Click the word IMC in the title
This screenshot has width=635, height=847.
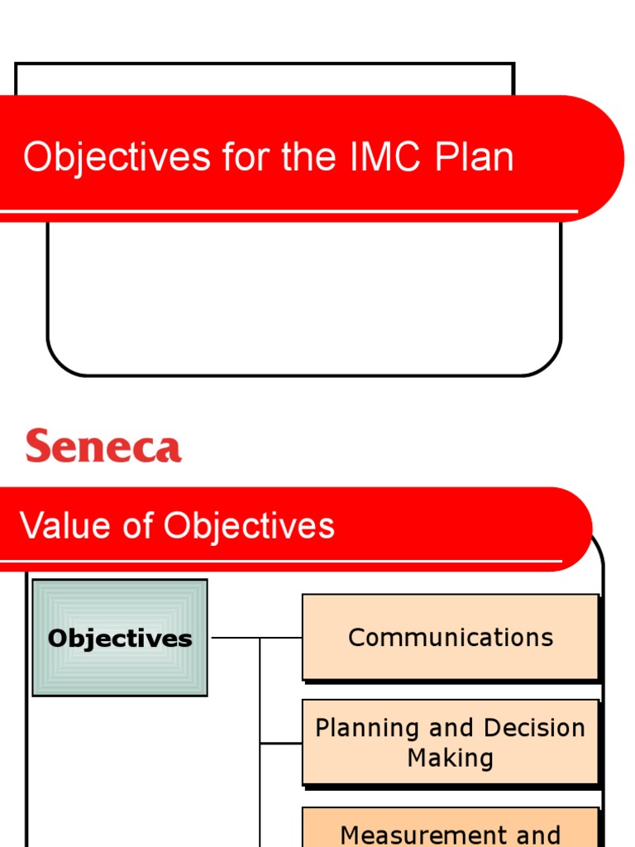(384, 157)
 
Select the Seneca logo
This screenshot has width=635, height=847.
(103, 447)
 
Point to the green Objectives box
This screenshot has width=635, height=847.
(120, 638)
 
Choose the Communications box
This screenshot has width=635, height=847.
(450, 637)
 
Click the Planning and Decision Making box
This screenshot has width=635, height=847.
(450, 742)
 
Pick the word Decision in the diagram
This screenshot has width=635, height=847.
(534, 728)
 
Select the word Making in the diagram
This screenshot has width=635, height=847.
(450, 758)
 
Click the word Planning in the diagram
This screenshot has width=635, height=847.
(367, 728)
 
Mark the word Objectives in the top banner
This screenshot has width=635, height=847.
(117, 157)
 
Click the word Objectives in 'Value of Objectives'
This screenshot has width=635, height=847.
(249, 526)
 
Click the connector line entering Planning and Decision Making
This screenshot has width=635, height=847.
(281, 743)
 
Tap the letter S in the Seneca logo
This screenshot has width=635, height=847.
(37, 447)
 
